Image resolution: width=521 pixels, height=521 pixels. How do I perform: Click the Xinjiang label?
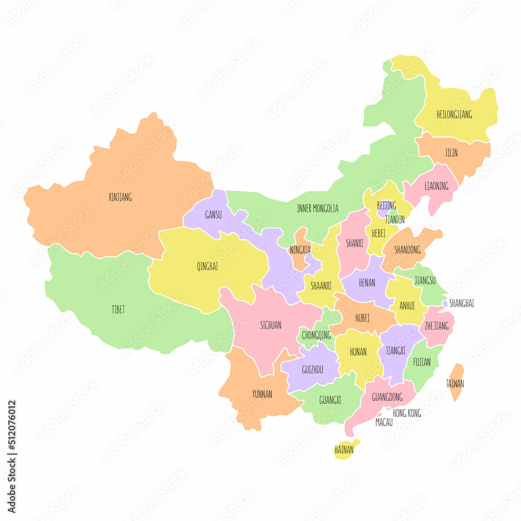(120, 197)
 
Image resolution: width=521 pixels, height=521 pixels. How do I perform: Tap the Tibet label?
(118, 309)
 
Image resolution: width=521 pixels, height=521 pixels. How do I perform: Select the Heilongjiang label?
(454, 114)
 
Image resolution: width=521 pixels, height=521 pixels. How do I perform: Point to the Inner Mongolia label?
(317, 208)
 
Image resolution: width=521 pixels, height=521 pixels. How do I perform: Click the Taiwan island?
(455, 383)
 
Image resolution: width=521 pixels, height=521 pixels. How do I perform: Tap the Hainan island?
(344, 449)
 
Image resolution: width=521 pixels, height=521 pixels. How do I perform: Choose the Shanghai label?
(462, 303)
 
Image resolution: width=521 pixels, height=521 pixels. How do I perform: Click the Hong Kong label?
(407, 413)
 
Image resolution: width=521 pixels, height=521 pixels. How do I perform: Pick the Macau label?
(384, 423)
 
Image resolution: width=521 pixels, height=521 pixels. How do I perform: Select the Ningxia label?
(300, 250)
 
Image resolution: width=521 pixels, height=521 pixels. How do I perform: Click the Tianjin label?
(394, 219)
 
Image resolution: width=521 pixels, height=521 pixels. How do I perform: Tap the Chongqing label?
(317, 335)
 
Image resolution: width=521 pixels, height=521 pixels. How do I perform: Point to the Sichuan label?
(270, 325)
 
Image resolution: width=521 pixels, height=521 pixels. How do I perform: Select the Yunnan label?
(262, 394)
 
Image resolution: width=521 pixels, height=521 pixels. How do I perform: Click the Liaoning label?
(436, 185)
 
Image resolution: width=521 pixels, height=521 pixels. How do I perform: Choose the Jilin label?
(451, 153)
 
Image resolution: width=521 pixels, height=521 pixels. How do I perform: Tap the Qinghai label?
(207, 266)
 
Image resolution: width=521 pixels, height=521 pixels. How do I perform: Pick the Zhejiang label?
(436, 326)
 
